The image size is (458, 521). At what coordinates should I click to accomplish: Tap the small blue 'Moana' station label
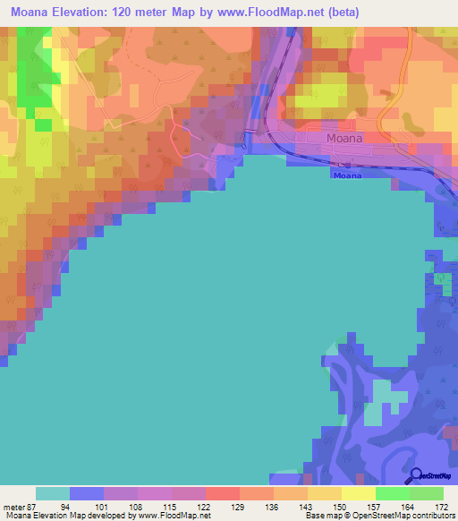coord(346,175)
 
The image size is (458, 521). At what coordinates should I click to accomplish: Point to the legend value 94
coord(87,506)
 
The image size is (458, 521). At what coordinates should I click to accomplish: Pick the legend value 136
coord(291,506)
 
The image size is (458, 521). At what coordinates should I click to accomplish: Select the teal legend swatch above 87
coord(53,493)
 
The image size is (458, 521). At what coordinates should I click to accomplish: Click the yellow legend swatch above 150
coord(325,493)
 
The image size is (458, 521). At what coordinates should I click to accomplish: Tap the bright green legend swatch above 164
coord(393,493)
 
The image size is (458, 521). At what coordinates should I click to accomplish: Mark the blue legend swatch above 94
coord(87,493)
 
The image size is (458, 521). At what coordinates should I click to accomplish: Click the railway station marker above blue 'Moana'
coord(340,165)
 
